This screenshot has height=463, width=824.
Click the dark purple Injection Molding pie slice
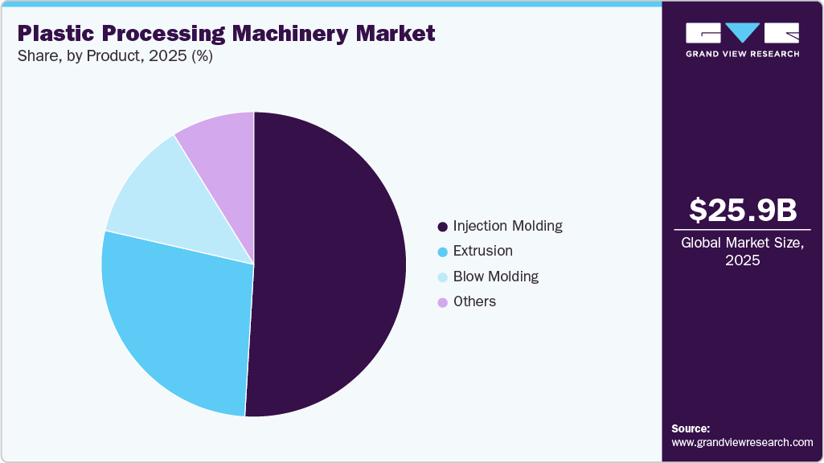point(330,265)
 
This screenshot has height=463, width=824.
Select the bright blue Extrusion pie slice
point(173,322)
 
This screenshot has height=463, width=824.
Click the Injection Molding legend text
point(507,226)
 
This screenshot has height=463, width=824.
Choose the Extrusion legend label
point(482,251)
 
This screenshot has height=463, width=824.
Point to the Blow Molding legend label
point(495,277)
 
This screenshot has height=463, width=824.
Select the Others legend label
point(474,301)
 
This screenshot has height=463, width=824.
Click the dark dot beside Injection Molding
point(441,227)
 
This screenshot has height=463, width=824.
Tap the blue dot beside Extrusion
point(441,252)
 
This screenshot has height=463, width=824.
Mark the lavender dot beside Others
point(441,302)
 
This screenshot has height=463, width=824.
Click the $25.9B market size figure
point(743,210)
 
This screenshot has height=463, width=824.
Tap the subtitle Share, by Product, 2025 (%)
point(115,57)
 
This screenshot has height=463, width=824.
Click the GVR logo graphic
point(742,33)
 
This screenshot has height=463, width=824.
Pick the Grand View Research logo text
point(742,54)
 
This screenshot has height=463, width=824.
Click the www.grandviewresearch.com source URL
point(742,442)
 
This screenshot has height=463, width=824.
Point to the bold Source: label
point(691,428)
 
